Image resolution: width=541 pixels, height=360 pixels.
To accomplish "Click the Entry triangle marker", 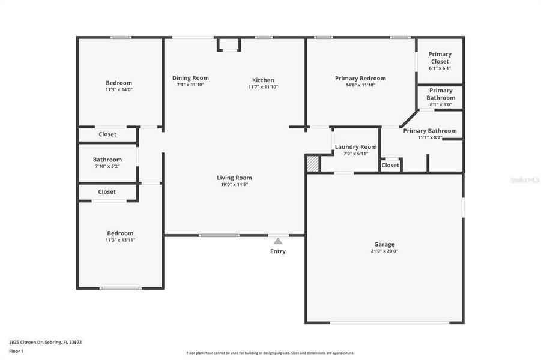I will (x=277, y=241).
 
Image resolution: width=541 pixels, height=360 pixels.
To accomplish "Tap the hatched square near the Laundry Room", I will (x=312, y=164).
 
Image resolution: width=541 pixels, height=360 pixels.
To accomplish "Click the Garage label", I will (x=384, y=244).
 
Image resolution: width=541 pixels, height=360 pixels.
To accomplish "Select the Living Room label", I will (x=234, y=178).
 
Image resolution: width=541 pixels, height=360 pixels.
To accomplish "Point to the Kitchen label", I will (x=263, y=80).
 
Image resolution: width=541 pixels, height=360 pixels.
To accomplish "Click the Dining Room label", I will (x=190, y=78).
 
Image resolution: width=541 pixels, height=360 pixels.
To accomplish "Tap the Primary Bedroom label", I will (x=360, y=78).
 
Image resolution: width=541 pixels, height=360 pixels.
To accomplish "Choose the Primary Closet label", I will (x=440, y=58).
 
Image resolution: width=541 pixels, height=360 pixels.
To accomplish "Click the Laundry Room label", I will (x=356, y=147).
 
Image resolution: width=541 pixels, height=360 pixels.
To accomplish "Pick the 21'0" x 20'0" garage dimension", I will (x=384, y=251).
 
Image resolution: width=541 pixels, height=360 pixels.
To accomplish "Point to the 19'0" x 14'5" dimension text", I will (x=234, y=185).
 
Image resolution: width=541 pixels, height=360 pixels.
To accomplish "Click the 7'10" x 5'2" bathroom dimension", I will (x=107, y=166).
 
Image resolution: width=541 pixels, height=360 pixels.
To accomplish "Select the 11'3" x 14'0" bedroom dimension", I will (x=119, y=90).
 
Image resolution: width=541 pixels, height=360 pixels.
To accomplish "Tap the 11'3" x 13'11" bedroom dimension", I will (x=120, y=240).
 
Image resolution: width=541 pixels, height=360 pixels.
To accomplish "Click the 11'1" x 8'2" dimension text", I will (x=430, y=137).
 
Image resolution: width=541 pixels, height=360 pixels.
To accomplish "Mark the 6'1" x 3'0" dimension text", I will (x=441, y=104).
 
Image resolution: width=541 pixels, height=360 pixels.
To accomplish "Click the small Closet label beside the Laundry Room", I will (x=390, y=165).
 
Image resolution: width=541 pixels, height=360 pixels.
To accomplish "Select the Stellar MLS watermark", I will (x=524, y=179).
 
